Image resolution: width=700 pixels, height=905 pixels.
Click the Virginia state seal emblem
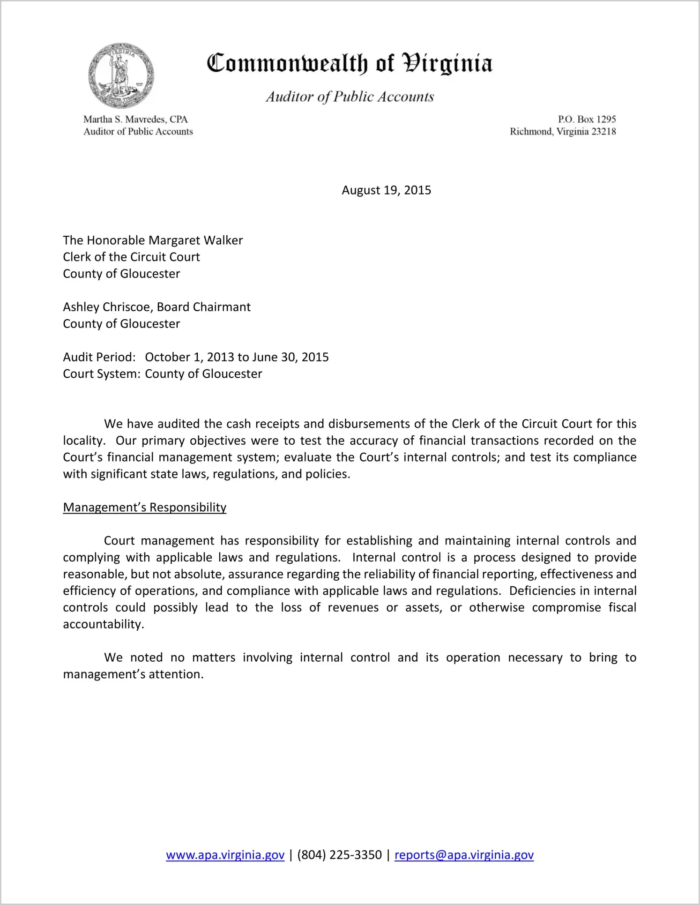coord(121,75)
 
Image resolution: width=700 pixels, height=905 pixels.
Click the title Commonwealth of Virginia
coord(350,63)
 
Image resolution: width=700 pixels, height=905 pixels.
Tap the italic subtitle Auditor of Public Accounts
coord(350,97)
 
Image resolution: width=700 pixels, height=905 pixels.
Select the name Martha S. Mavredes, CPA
coord(135,120)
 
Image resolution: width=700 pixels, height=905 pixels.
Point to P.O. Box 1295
coord(587,120)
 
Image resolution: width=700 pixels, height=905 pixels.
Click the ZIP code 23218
coord(603,132)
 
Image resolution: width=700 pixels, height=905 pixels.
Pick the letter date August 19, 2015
coord(386,190)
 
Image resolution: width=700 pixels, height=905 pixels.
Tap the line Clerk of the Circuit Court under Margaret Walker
coord(131,257)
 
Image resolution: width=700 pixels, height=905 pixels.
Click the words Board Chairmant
coord(204,307)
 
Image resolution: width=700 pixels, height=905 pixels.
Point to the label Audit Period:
coord(99,357)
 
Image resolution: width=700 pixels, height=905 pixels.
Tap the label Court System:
coord(102,374)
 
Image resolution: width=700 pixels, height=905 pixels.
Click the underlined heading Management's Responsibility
coord(144,508)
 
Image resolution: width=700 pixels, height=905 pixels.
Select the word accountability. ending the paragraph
coord(104,624)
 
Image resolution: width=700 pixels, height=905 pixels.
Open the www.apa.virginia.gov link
coord(225,855)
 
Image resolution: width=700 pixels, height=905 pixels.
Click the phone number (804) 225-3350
coord(339,855)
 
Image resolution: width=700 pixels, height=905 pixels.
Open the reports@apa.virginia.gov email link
coord(464,855)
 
